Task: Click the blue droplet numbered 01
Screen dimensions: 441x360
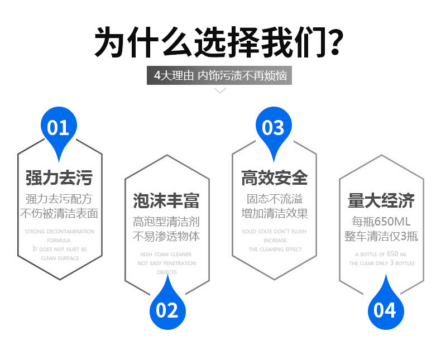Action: point(58,128)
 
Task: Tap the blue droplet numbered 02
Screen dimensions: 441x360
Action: point(166,309)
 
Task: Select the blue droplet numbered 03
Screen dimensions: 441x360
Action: point(273,128)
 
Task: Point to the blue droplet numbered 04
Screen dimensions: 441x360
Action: point(384,310)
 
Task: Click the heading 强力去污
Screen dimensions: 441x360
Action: point(59,178)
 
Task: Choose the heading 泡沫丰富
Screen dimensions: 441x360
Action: point(166,200)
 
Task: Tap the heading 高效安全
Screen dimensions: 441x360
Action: point(274,178)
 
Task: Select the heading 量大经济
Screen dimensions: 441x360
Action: point(381,200)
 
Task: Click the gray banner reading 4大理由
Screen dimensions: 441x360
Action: point(220,75)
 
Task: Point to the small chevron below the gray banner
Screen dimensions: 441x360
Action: point(220,90)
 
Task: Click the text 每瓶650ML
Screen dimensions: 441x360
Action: point(381,221)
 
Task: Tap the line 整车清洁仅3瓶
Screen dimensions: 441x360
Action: point(381,236)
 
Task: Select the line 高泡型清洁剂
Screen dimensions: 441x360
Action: point(166,221)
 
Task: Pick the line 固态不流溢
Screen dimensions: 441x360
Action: point(274,199)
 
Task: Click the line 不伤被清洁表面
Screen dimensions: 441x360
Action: point(59,214)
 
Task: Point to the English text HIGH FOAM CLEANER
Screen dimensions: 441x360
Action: point(166,254)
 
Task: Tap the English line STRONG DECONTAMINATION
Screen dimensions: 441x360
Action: point(59,231)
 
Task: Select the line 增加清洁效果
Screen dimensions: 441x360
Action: point(274,214)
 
